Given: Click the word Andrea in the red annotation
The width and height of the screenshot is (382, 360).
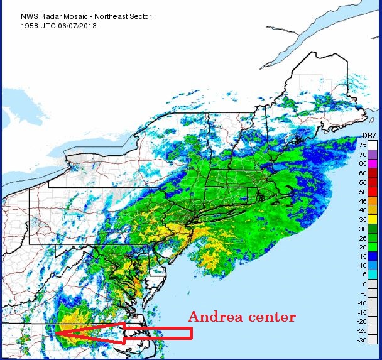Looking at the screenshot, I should click(216, 317).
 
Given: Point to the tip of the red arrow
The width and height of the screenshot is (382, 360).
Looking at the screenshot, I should click(55, 334).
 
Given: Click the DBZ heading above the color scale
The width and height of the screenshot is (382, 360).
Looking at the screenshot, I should click(370, 135).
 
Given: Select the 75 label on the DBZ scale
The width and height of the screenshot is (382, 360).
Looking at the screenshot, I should click(363, 145).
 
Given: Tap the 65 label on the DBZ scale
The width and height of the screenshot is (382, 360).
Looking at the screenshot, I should click(363, 163).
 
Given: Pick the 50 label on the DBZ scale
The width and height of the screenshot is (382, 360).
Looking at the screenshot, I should click(363, 191).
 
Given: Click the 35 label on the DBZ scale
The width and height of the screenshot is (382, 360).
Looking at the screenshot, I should click(363, 219).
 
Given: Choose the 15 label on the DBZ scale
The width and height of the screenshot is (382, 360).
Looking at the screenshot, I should click(363, 256).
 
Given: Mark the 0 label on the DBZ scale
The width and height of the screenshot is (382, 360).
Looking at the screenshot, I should click(364, 284).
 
